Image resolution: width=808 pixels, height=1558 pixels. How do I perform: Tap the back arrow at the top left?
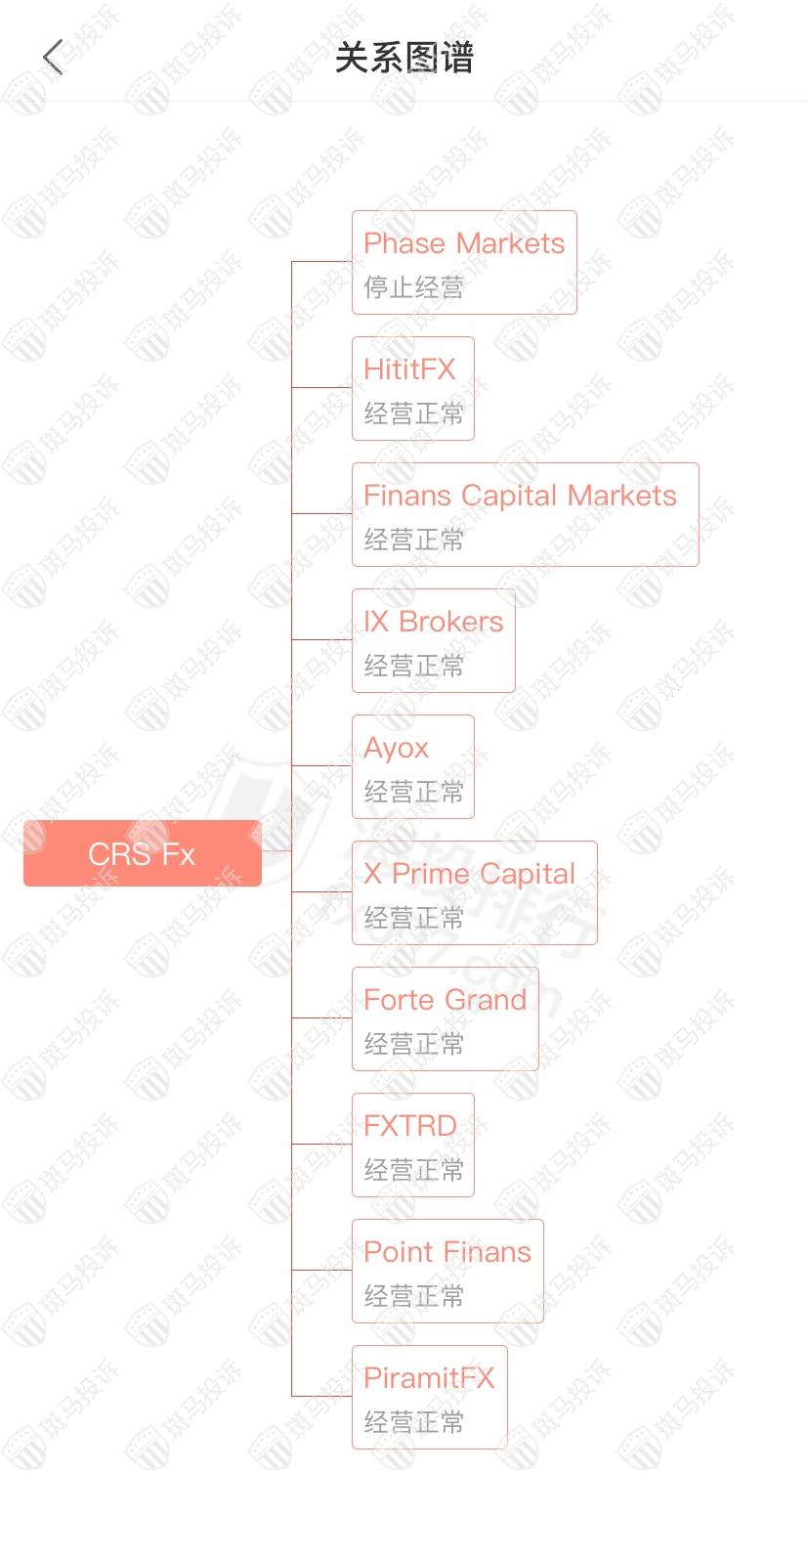pos(54,58)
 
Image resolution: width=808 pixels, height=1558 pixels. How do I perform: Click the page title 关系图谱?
pos(404,58)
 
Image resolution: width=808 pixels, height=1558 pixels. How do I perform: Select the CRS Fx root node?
pos(143,853)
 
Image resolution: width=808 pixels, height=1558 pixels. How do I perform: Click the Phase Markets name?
pos(464,243)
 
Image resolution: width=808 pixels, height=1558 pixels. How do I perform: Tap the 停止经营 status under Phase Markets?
pos(413,287)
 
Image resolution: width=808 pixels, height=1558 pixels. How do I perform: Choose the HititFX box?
pos(412,388)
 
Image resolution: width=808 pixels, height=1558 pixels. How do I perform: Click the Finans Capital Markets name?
pos(520,496)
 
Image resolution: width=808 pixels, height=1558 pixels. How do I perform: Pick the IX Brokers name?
pos(433,622)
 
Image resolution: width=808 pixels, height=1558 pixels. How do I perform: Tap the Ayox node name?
pos(396,748)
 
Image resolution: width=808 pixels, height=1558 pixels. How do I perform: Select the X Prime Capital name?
pos(469,874)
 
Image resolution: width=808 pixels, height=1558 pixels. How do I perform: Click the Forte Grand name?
pos(445,1000)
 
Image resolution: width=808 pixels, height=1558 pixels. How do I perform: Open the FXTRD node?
pos(412,1145)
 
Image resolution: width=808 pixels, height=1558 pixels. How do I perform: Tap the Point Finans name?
pos(447,1252)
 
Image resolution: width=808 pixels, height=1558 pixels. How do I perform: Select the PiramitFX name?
pos(429,1378)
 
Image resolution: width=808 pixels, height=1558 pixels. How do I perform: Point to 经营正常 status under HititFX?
pos(413,413)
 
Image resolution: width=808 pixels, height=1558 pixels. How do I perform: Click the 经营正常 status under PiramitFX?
pos(413,1422)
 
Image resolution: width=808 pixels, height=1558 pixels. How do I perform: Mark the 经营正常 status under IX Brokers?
pos(413,666)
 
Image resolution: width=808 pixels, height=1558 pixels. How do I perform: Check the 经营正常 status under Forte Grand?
pos(413,1044)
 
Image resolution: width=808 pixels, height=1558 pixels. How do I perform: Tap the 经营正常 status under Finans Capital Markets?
pos(413,540)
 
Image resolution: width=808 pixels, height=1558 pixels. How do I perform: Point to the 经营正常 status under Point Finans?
pos(413,1296)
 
